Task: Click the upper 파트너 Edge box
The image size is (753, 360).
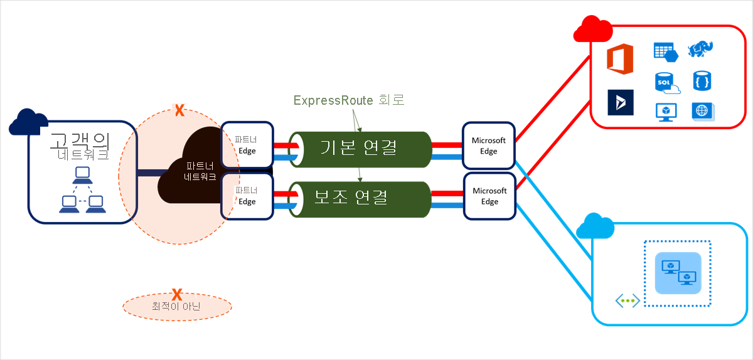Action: (x=247, y=145)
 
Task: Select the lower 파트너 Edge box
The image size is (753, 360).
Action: (x=247, y=196)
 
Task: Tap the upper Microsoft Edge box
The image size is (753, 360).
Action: (x=489, y=146)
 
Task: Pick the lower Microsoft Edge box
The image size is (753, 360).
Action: (x=489, y=196)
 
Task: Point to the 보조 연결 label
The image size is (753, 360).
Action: (x=351, y=198)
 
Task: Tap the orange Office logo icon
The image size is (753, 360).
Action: (x=620, y=59)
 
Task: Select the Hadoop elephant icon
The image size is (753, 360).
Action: (x=700, y=50)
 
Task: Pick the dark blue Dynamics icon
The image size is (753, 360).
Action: (x=621, y=102)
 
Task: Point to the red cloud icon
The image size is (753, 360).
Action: (x=593, y=29)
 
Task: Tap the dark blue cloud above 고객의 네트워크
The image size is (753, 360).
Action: (x=28, y=122)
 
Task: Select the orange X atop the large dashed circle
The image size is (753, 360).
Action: (x=179, y=112)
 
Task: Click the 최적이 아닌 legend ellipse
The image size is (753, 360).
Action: (x=177, y=306)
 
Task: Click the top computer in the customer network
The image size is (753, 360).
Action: (x=82, y=175)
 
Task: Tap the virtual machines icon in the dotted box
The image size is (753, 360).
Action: (x=677, y=273)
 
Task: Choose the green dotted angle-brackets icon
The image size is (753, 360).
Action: (x=627, y=300)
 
